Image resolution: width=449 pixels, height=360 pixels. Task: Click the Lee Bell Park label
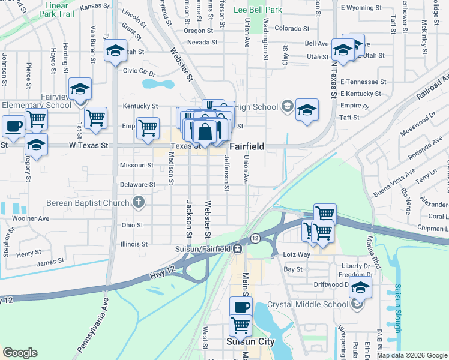tap(258, 10)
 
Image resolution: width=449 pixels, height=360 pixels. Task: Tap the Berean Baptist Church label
tap(88, 203)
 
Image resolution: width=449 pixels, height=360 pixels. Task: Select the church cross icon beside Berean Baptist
tap(139, 202)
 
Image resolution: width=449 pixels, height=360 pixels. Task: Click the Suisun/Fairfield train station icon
tap(238, 248)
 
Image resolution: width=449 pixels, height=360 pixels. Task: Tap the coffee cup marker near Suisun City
tap(241, 307)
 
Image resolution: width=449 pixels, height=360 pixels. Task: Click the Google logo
tap(20, 353)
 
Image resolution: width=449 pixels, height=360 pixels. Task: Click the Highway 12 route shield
tap(255, 238)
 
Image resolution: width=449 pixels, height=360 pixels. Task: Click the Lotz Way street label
tap(297, 254)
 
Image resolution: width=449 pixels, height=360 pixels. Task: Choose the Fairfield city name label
tap(248, 146)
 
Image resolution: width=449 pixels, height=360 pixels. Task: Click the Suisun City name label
tap(250, 341)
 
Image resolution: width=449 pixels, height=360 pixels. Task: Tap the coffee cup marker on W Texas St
tap(13, 127)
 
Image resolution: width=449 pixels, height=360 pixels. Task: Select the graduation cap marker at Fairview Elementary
tap(80, 90)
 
